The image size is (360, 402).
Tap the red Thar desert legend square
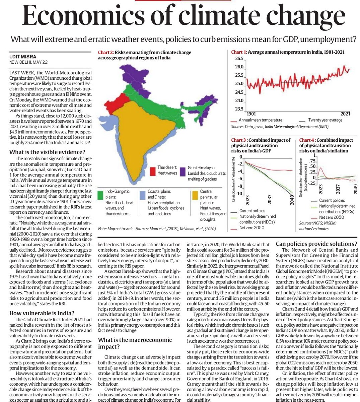[152, 171]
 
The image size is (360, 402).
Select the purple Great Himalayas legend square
[182, 171]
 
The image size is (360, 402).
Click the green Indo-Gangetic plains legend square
[100, 195]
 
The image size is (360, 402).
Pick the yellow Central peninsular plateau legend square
[195, 195]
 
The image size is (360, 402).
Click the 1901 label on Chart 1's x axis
[251, 114]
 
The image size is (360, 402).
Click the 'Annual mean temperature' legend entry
[260, 120]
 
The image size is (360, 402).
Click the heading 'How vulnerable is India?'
[42, 182]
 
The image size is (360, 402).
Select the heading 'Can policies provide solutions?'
[316, 244]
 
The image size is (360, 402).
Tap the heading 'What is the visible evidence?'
[48, 152]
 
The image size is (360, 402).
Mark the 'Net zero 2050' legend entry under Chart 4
[332, 217]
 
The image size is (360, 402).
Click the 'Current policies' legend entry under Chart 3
[252, 211]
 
